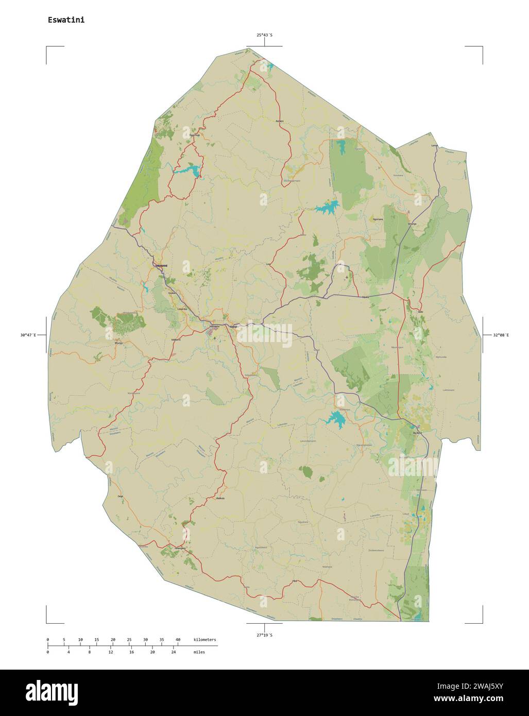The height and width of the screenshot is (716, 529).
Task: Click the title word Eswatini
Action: (x=66, y=20)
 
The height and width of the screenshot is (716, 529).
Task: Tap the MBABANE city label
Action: (x=160, y=265)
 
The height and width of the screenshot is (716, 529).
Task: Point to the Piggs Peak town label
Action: (x=194, y=135)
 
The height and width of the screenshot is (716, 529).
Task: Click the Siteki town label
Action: (x=420, y=312)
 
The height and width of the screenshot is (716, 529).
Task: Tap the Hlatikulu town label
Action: (x=220, y=498)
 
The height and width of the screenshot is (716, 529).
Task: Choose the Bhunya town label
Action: (x=118, y=342)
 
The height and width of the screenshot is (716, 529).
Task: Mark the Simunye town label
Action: (x=412, y=224)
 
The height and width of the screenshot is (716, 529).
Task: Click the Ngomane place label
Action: (x=378, y=219)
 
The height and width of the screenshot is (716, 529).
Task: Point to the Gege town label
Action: (x=121, y=496)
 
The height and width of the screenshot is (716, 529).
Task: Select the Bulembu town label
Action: (x=280, y=121)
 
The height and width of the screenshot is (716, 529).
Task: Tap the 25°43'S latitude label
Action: (x=265, y=35)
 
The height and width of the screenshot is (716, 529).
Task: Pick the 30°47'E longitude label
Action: (x=28, y=335)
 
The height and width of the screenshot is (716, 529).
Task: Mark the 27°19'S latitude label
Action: (x=265, y=635)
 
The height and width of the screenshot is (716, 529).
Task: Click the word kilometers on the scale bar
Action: (x=205, y=640)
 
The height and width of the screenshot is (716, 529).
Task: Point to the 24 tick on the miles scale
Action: (x=174, y=652)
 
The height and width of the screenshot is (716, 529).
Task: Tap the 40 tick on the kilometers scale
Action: (x=178, y=640)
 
